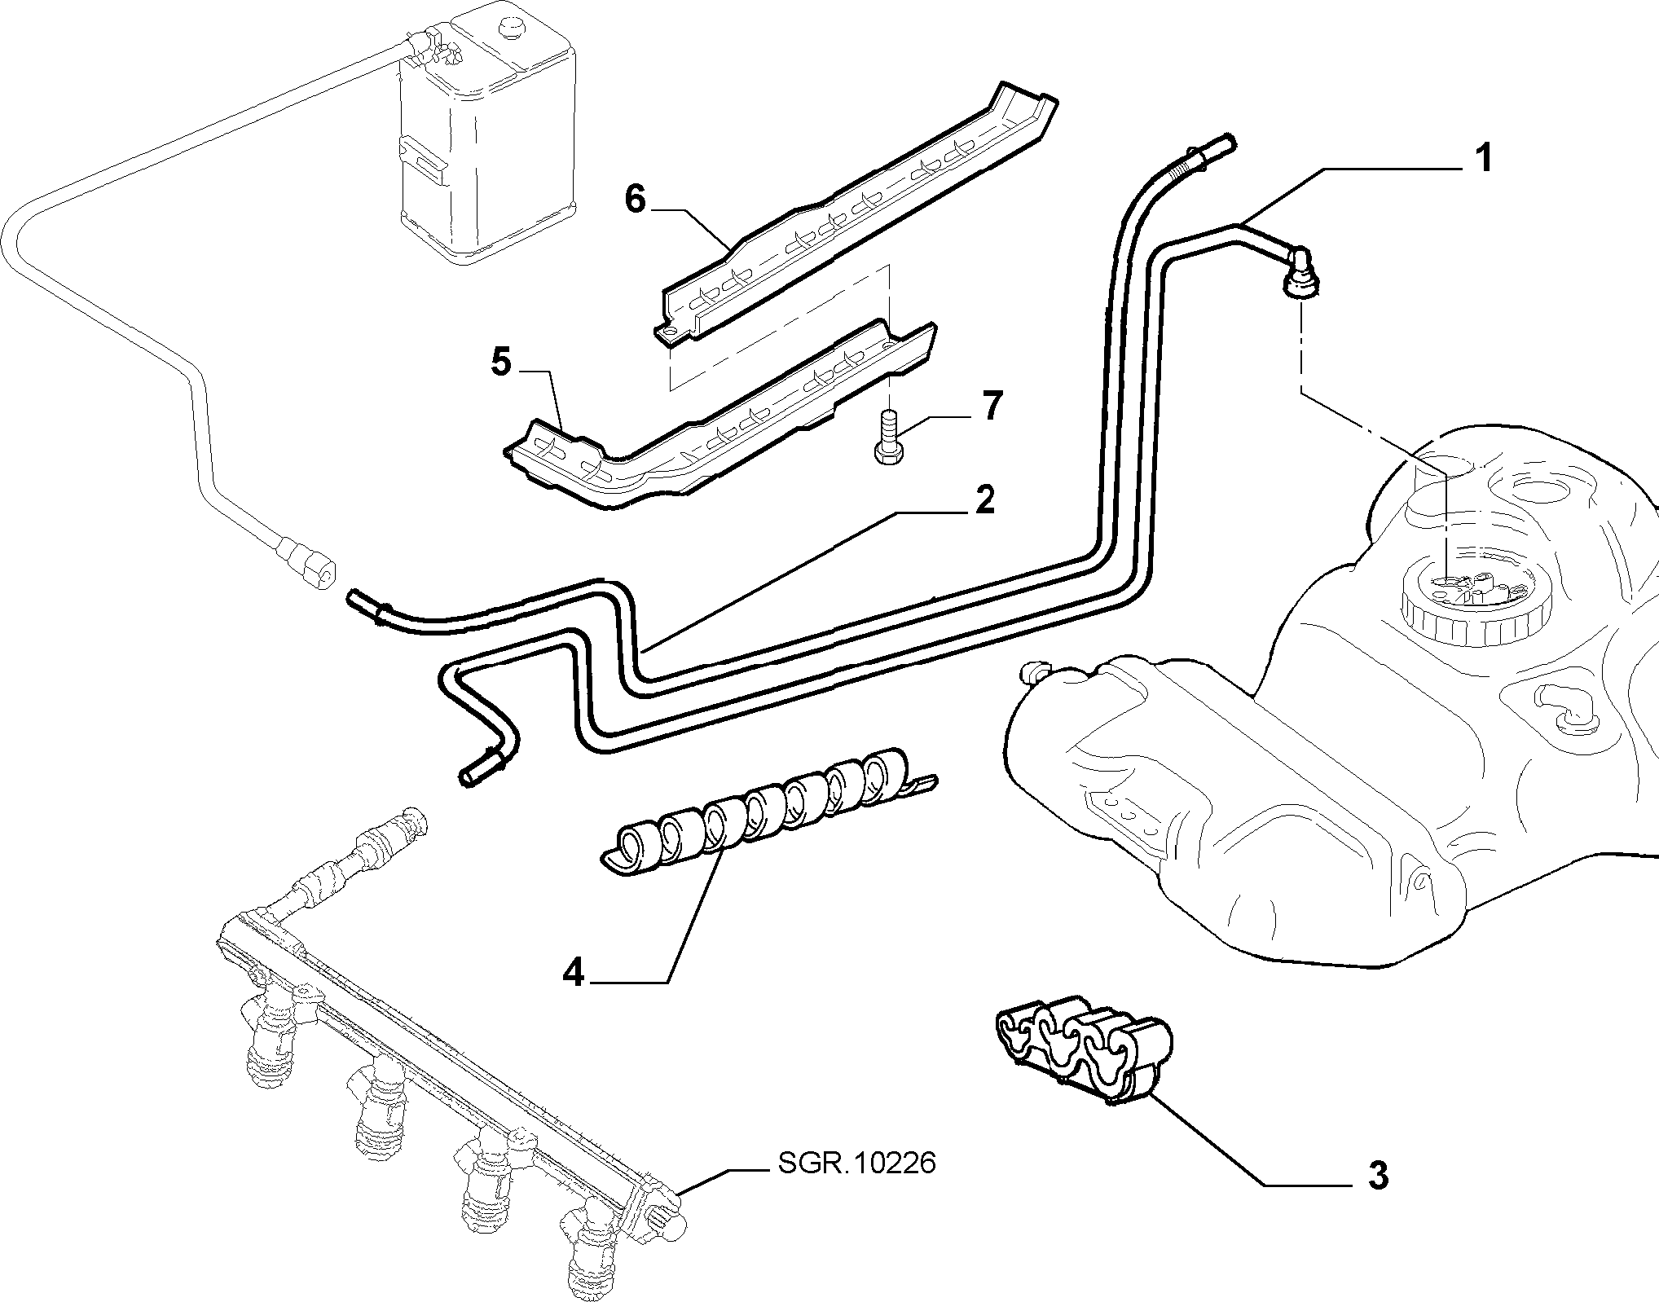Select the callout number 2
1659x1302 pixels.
pos(985,499)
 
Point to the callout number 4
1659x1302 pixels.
pos(574,972)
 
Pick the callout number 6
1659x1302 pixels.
pos(635,198)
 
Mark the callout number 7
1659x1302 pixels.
pos(991,406)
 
